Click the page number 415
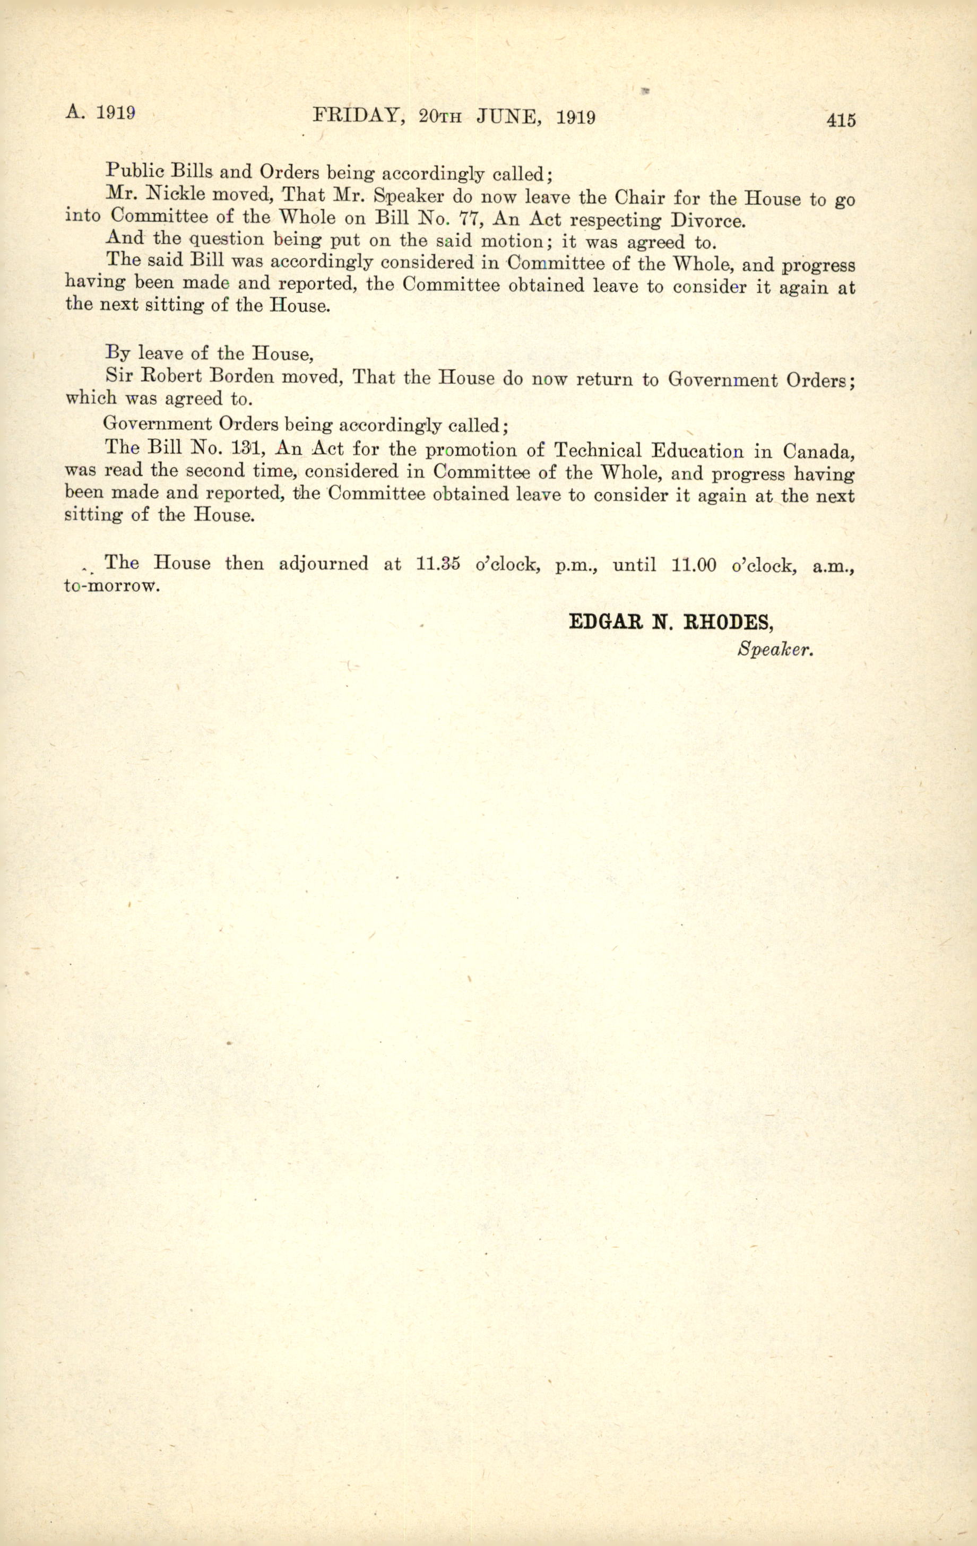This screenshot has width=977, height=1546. tap(842, 120)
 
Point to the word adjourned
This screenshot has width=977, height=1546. tap(324, 563)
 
